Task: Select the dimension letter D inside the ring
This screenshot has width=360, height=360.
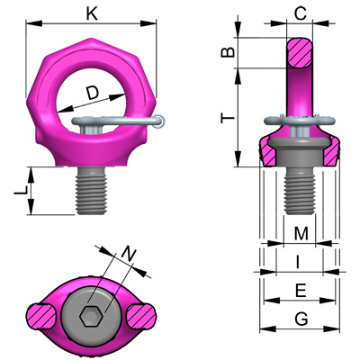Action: [93, 94]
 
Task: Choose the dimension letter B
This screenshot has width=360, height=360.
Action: [229, 54]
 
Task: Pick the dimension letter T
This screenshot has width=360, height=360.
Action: [229, 118]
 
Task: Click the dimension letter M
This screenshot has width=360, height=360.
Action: [301, 234]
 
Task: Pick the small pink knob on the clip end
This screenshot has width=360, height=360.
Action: [158, 121]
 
